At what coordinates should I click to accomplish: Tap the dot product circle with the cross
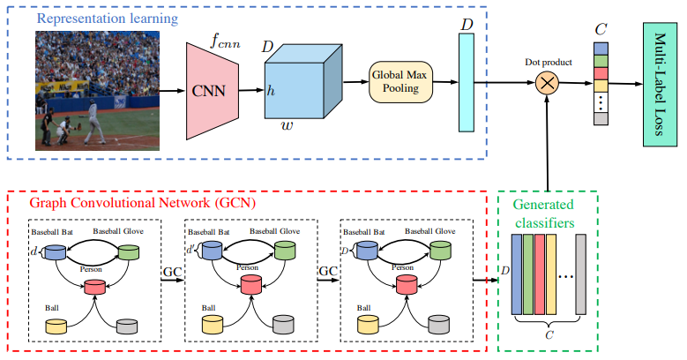coord(547,83)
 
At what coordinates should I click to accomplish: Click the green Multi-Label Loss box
coord(661,84)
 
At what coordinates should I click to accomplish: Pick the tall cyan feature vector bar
coord(467,82)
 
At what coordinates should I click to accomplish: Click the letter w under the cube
coord(287,125)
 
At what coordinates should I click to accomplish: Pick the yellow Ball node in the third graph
coord(369,325)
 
